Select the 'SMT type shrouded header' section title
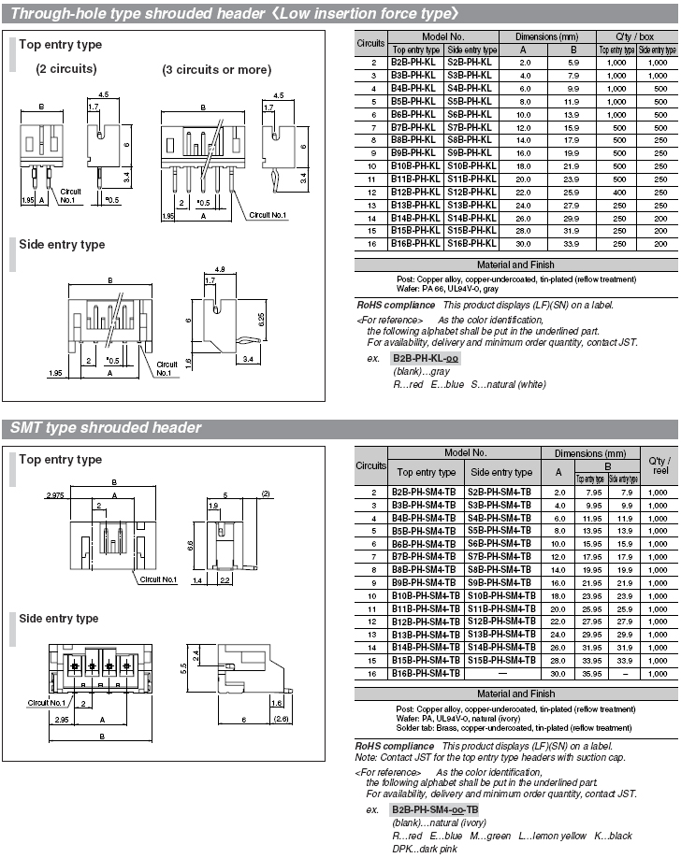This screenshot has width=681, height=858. click(x=106, y=428)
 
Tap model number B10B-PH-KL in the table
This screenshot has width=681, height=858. click(x=415, y=165)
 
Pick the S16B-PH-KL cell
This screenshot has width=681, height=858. click(x=472, y=243)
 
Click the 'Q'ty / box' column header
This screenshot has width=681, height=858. click(x=636, y=36)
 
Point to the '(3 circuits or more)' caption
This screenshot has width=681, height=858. click(x=216, y=69)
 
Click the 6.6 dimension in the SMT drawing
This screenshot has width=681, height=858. click(x=190, y=544)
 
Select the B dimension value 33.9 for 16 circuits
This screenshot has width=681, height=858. click(x=573, y=243)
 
